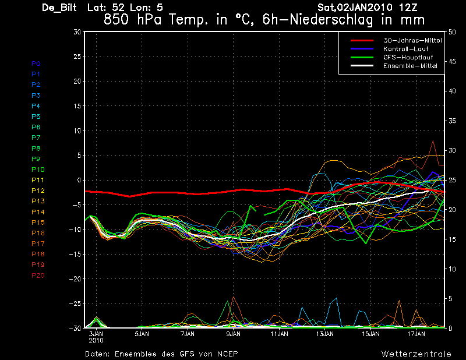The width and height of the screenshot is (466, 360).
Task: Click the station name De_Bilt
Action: coord(61,8)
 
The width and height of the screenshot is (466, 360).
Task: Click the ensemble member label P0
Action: coord(36,63)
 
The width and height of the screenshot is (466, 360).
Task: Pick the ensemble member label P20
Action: coord(37,275)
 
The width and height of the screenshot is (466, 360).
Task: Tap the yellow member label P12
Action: coord(37,190)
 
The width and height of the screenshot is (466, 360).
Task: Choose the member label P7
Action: coord(36,137)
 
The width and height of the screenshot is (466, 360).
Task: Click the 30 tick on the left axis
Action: coord(76,32)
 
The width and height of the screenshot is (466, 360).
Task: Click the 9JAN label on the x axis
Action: coord(233,334)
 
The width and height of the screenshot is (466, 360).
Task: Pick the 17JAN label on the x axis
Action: coord(417,334)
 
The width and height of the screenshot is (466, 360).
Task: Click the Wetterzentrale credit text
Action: coord(416,354)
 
